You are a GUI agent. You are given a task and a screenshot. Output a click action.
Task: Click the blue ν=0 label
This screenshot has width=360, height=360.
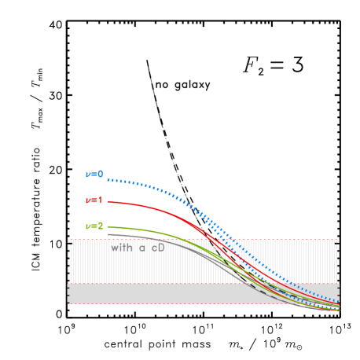tap(94, 174)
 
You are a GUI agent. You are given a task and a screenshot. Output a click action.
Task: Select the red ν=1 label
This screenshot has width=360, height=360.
tap(94, 200)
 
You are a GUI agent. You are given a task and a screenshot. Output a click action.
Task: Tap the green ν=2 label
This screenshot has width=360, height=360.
tap(94, 226)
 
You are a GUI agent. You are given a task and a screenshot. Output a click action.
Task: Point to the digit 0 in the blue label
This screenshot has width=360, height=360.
tap(100, 174)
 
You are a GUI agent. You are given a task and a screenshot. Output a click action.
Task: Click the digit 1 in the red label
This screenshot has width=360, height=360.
tap(100, 200)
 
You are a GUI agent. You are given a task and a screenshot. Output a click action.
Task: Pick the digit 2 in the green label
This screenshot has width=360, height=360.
tap(100, 226)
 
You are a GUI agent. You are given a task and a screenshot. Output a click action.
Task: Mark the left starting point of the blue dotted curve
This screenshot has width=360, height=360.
tap(108, 180)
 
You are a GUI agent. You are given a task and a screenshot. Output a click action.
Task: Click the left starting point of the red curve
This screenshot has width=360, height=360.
tap(108, 202)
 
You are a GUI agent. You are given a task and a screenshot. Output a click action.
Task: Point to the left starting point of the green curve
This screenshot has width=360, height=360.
tap(108, 226)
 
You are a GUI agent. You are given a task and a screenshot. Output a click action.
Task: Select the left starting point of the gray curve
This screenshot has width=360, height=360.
tap(108, 234)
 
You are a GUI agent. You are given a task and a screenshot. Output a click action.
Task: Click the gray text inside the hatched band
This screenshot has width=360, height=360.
tap(138, 247)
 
